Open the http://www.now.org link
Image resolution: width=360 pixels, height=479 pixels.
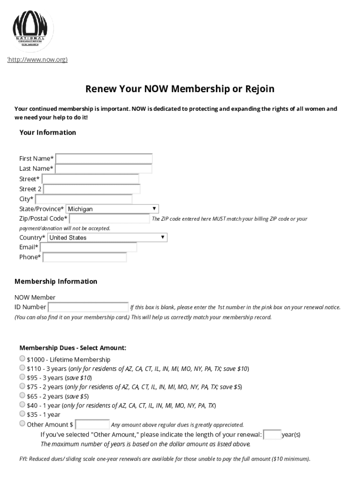click(37, 59)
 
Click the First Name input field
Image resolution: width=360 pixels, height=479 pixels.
click(104, 159)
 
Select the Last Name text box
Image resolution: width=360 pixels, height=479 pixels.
click(104, 169)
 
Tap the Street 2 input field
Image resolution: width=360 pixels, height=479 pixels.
click(92, 189)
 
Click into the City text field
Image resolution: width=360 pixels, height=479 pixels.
click(84, 199)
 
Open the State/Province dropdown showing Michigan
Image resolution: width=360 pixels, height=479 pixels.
click(112, 209)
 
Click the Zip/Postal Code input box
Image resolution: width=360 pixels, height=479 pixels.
click(109, 218)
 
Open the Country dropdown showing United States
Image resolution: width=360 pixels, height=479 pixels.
click(107, 238)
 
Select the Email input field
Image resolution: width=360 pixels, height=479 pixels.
click(88, 247)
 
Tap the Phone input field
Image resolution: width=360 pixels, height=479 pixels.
click(85, 257)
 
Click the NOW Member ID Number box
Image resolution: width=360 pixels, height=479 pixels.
click(88, 307)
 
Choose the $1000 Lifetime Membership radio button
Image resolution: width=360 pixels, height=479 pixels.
click(22, 359)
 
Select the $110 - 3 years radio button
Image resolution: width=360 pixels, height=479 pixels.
click(22, 368)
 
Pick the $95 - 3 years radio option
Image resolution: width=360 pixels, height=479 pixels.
click(22, 377)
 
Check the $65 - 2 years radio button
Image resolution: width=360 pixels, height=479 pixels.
click(22, 396)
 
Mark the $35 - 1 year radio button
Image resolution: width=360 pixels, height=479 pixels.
click(22, 414)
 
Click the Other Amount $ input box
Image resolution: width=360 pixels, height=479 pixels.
click(93, 424)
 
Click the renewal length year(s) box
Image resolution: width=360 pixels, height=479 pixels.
click(273, 435)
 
